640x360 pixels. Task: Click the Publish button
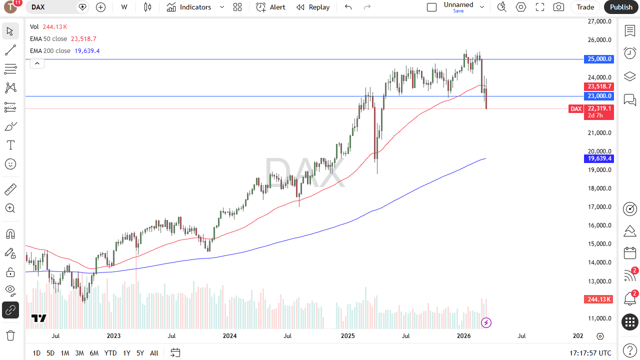[x=621, y=7]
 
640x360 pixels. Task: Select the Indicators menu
[x=195, y=7]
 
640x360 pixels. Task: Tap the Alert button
[x=271, y=7]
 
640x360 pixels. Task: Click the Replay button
[x=313, y=7]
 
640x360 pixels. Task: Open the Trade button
[x=585, y=7]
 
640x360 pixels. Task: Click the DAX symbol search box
[x=52, y=7]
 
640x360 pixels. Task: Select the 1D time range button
[x=36, y=353]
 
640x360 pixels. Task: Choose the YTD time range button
[x=110, y=353]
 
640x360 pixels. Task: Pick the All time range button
[x=154, y=353]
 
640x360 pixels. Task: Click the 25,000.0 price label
[x=599, y=59]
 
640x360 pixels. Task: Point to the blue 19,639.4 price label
[x=599, y=158]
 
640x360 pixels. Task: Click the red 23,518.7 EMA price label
[x=599, y=86]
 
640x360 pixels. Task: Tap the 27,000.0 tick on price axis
[x=599, y=21]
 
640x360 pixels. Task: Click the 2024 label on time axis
[x=229, y=336]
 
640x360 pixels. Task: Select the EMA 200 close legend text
[x=50, y=51]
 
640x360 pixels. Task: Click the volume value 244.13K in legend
[x=55, y=27]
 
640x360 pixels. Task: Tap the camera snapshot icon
[x=558, y=7]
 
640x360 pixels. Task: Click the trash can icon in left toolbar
[x=10, y=335]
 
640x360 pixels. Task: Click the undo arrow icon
[x=348, y=7]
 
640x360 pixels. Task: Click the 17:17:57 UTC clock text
[x=590, y=353]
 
